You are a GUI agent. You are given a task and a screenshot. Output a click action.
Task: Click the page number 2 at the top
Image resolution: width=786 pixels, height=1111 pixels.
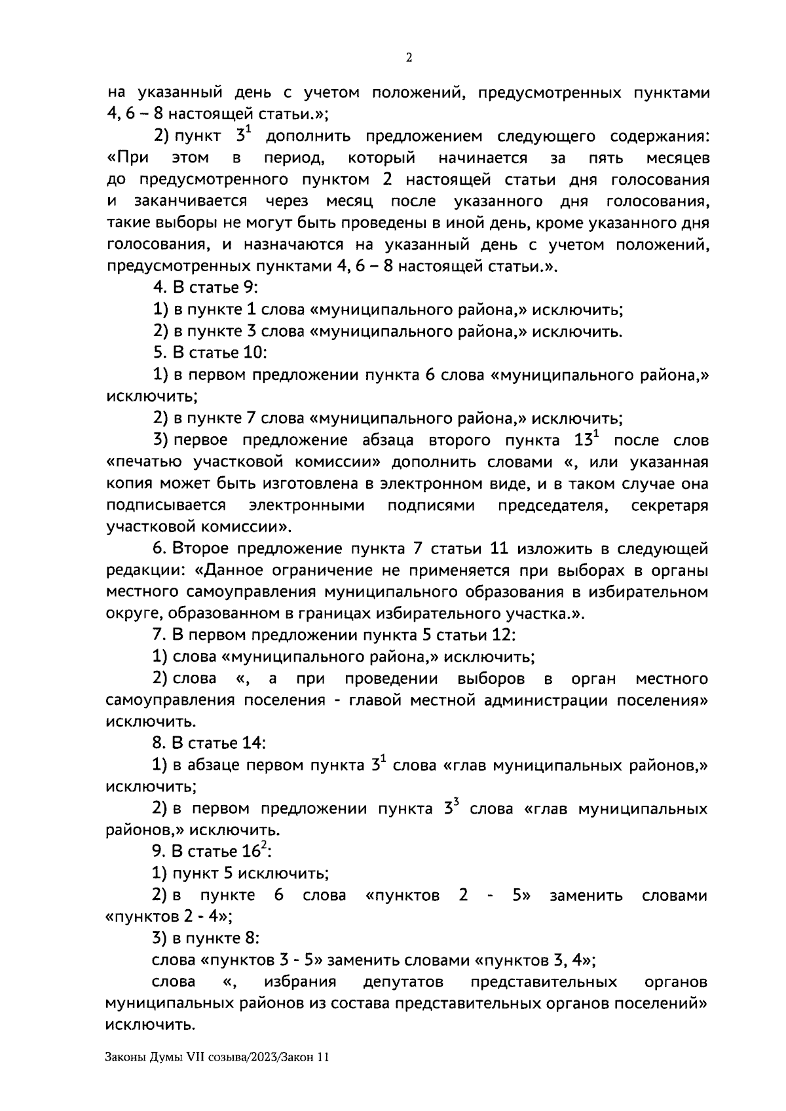tap(409, 58)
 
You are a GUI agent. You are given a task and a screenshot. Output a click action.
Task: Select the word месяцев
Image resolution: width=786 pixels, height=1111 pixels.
tap(677, 158)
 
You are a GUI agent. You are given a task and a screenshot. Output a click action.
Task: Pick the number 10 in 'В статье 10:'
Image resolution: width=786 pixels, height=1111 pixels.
tap(255, 353)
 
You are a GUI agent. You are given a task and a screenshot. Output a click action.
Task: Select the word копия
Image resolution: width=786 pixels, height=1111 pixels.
tap(130, 484)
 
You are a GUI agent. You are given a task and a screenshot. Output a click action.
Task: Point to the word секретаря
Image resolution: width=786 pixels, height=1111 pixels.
tap(670, 506)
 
